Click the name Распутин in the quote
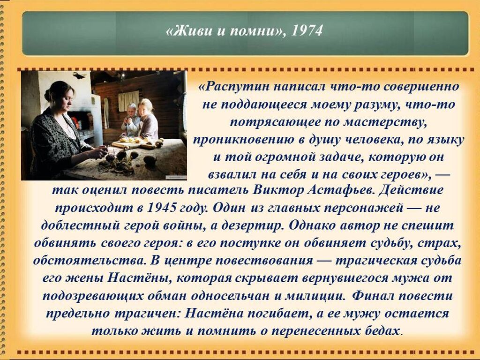tap(234, 87)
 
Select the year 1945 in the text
tap(162, 208)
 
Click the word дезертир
tap(252, 225)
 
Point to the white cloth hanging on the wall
tap(128, 100)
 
